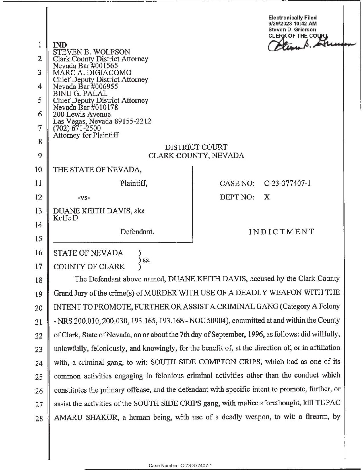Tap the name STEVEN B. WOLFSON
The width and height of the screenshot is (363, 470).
pos(92,52)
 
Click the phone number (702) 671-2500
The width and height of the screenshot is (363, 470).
pos(77,128)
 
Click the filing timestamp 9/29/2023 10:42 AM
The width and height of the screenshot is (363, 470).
pos(292,24)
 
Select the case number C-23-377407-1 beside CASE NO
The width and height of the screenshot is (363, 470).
pos(287,183)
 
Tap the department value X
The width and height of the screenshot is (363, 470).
pos(267,197)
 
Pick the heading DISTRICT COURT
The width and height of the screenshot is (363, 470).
pos(196,147)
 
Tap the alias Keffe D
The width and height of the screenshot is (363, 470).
pos(66,218)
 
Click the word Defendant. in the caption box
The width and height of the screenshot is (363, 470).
pos(137,232)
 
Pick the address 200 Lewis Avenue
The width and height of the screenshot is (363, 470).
pos(82,114)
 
